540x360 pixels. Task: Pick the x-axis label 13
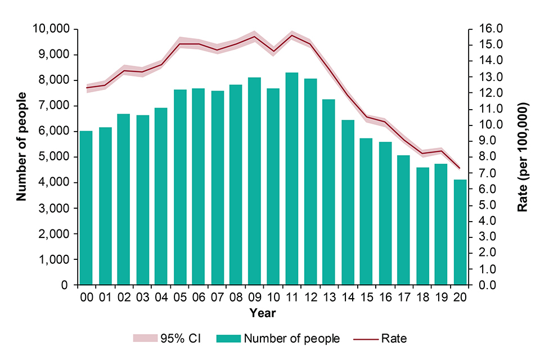point(329,298)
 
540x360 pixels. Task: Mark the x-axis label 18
point(422,298)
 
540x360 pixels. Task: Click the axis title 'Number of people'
point(21,146)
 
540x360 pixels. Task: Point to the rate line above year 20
point(460,168)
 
